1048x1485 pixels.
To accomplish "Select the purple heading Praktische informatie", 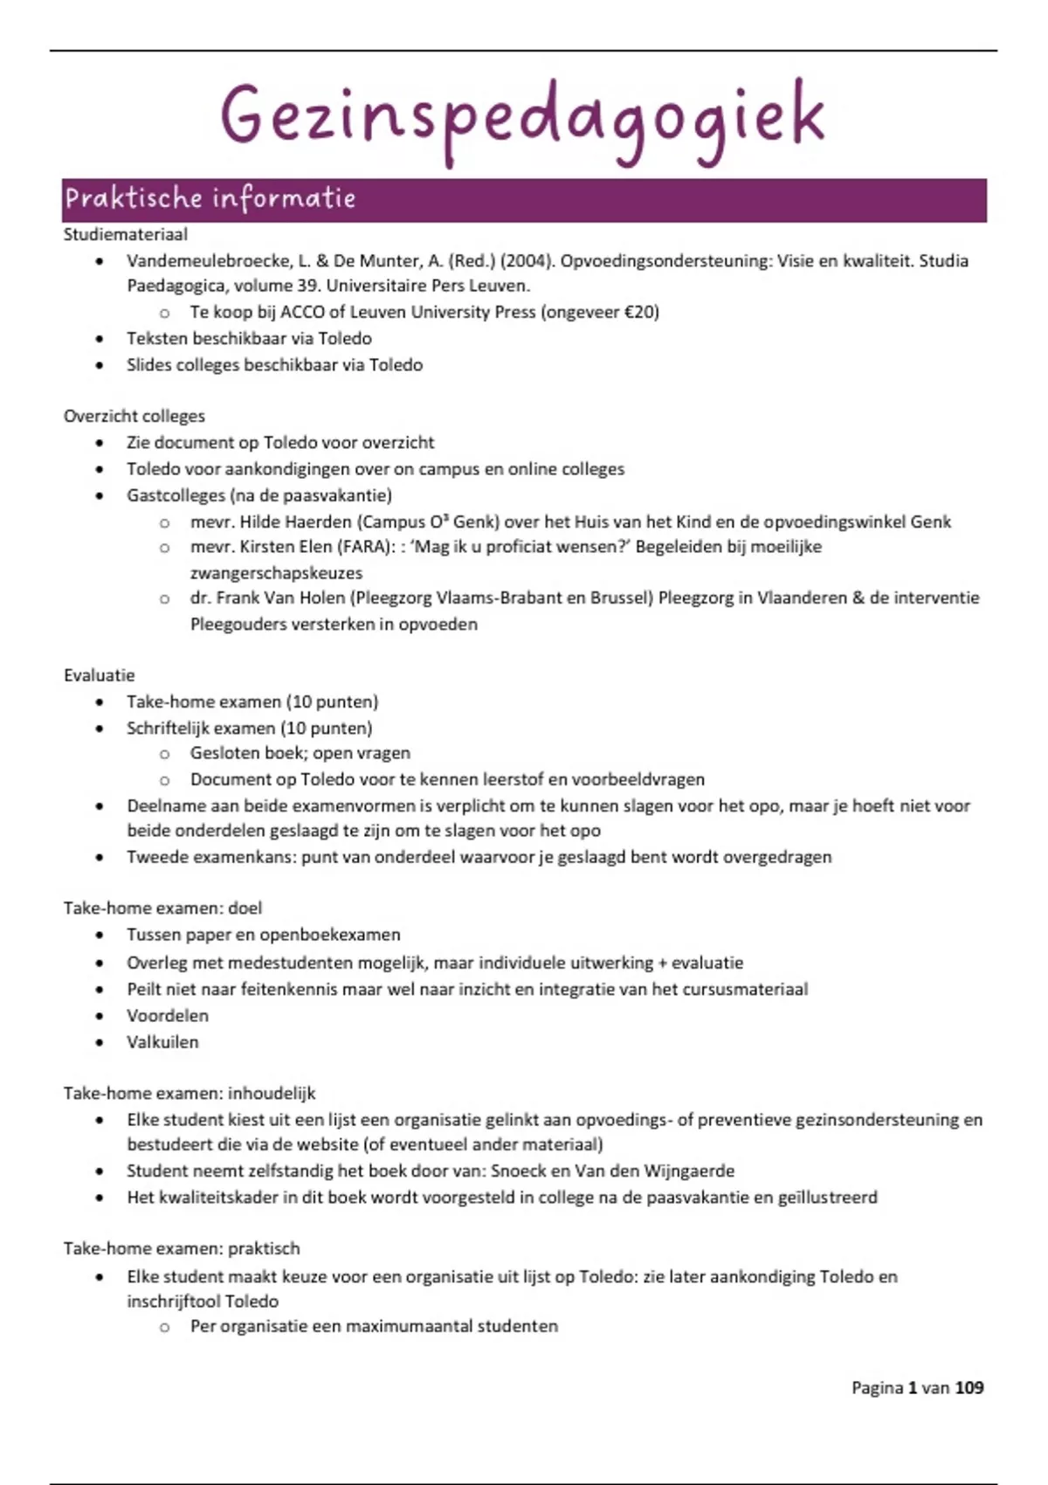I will tap(210, 198).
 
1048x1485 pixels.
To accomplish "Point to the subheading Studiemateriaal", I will tap(125, 234).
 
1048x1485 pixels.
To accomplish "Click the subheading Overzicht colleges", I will tap(134, 416).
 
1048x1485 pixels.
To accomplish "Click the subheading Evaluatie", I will tap(99, 675).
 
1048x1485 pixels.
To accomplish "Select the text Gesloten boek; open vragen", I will tap(300, 753).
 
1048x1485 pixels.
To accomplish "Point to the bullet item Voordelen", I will tap(167, 1015).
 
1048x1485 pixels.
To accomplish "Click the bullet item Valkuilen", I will tap(162, 1041).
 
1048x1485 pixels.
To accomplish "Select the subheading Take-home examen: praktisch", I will tap(181, 1248).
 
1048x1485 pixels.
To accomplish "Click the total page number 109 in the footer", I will tap(969, 1387).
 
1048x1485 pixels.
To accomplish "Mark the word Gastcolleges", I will tap(176, 495).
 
